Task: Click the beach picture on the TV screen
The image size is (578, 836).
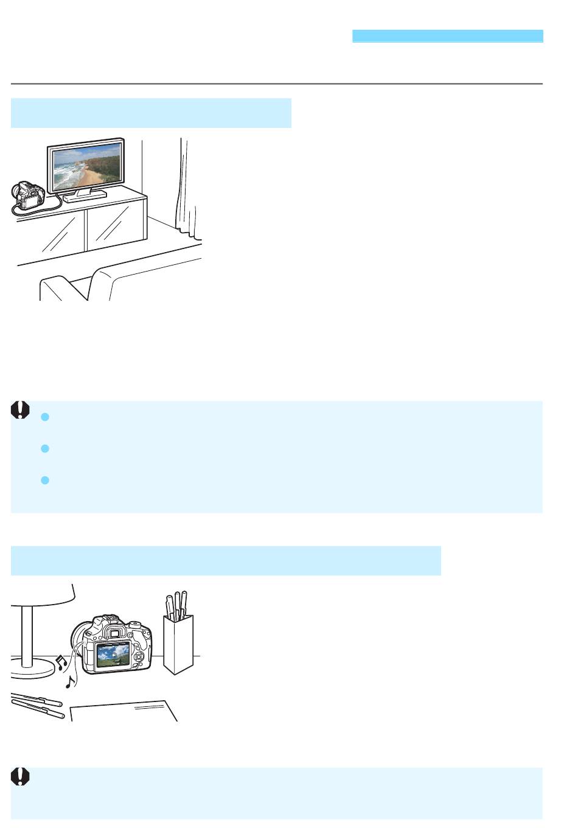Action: [x=86, y=167]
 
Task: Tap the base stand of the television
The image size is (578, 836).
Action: [x=85, y=196]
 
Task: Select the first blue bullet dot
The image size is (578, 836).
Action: [x=44, y=417]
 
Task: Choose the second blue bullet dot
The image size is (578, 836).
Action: [x=44, y=449]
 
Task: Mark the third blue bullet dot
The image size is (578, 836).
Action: [x=44, y=480]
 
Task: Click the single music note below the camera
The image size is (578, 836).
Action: [x=71, y=681]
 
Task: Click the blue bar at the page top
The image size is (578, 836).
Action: [x=447, y=36]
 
